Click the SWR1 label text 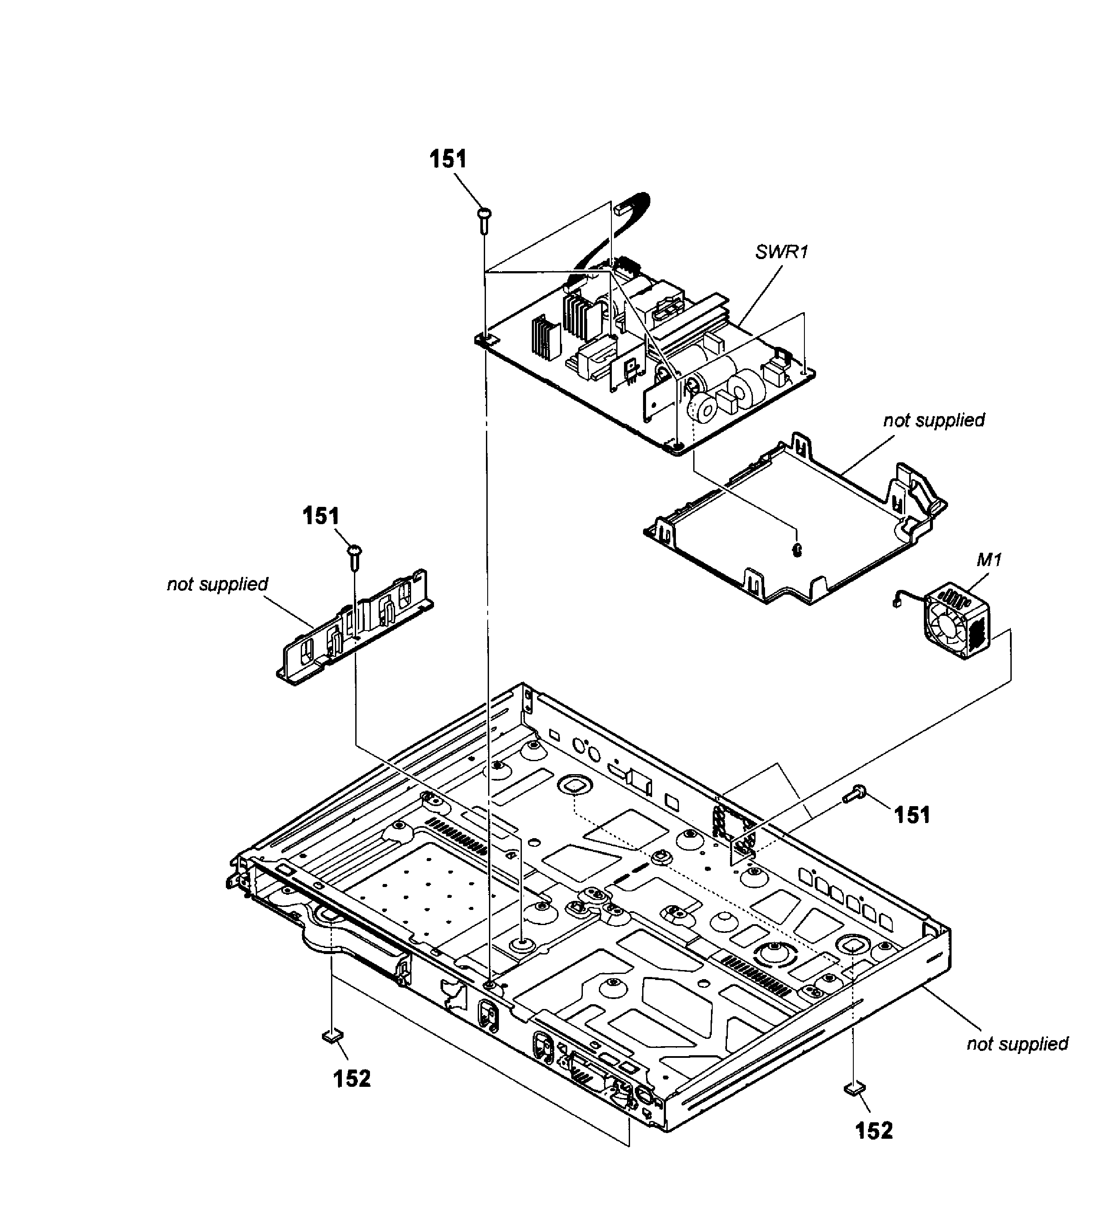pos(781,252)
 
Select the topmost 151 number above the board pos(448,160)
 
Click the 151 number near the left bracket pos(321,517)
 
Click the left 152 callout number pos(352,1078)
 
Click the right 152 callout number pos(874,1130)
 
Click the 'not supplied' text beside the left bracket pos(218,584)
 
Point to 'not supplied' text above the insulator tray pos(934,420)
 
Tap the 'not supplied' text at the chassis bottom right pos(1017,1044)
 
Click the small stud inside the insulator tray pos(797,549)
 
